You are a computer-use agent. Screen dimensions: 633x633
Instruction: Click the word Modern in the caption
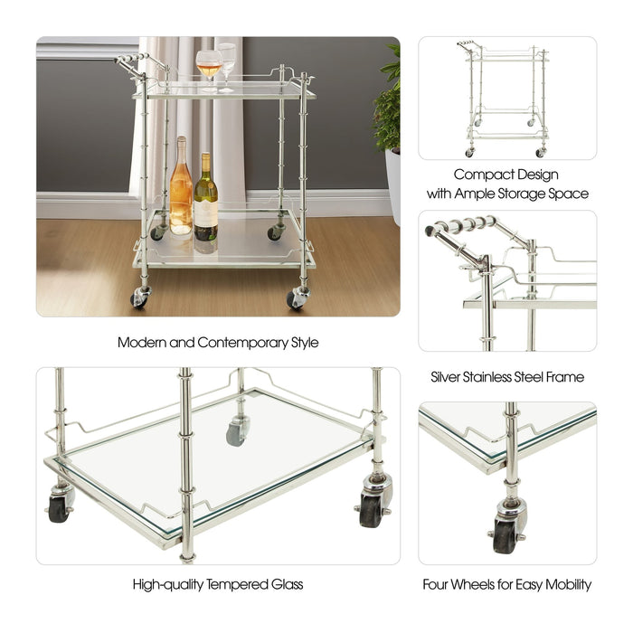139,343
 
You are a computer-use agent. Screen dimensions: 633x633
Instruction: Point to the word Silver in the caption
450,376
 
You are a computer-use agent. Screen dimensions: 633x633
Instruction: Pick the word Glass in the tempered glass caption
285,584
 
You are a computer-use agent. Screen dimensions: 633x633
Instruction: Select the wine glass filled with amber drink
208,66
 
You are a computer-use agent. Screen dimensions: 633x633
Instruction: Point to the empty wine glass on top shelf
226,61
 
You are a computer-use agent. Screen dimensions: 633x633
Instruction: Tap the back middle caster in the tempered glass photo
237,431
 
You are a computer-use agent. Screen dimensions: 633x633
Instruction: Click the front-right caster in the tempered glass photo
373,506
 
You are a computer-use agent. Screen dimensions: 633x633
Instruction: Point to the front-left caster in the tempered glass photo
60,507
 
